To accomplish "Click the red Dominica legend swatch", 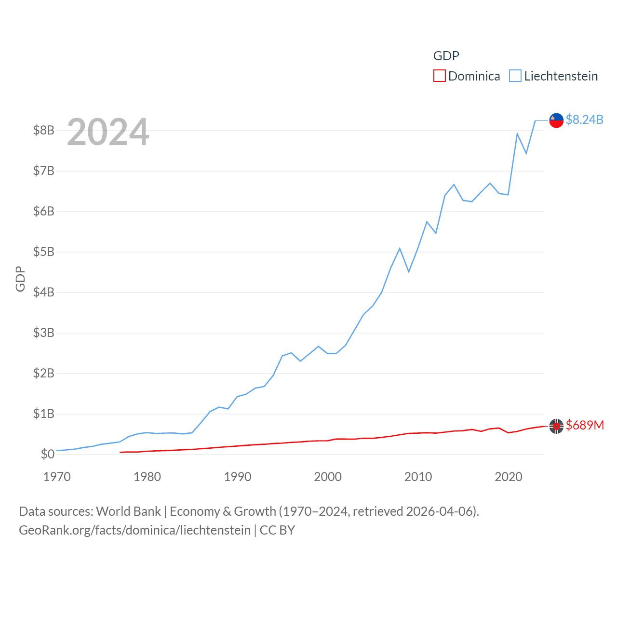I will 439,76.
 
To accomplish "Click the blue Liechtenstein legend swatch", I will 515,76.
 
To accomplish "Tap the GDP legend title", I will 446,56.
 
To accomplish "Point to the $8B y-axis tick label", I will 43,130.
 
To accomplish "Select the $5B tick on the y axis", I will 43,252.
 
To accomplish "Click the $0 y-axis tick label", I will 47,454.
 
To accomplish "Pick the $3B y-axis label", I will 43,333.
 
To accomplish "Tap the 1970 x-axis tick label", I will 57,477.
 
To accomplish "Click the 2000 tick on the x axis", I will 328,477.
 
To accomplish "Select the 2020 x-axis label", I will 509,477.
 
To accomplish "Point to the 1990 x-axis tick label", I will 238,477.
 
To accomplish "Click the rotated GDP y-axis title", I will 20,279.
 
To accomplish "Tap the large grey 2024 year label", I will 108,132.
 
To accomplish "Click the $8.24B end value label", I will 584,120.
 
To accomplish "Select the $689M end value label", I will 585,425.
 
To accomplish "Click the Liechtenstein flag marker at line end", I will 556,121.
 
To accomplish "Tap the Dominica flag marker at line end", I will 556,426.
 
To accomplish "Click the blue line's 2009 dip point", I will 409,272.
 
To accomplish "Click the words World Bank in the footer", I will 128,511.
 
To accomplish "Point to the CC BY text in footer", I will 277,530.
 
